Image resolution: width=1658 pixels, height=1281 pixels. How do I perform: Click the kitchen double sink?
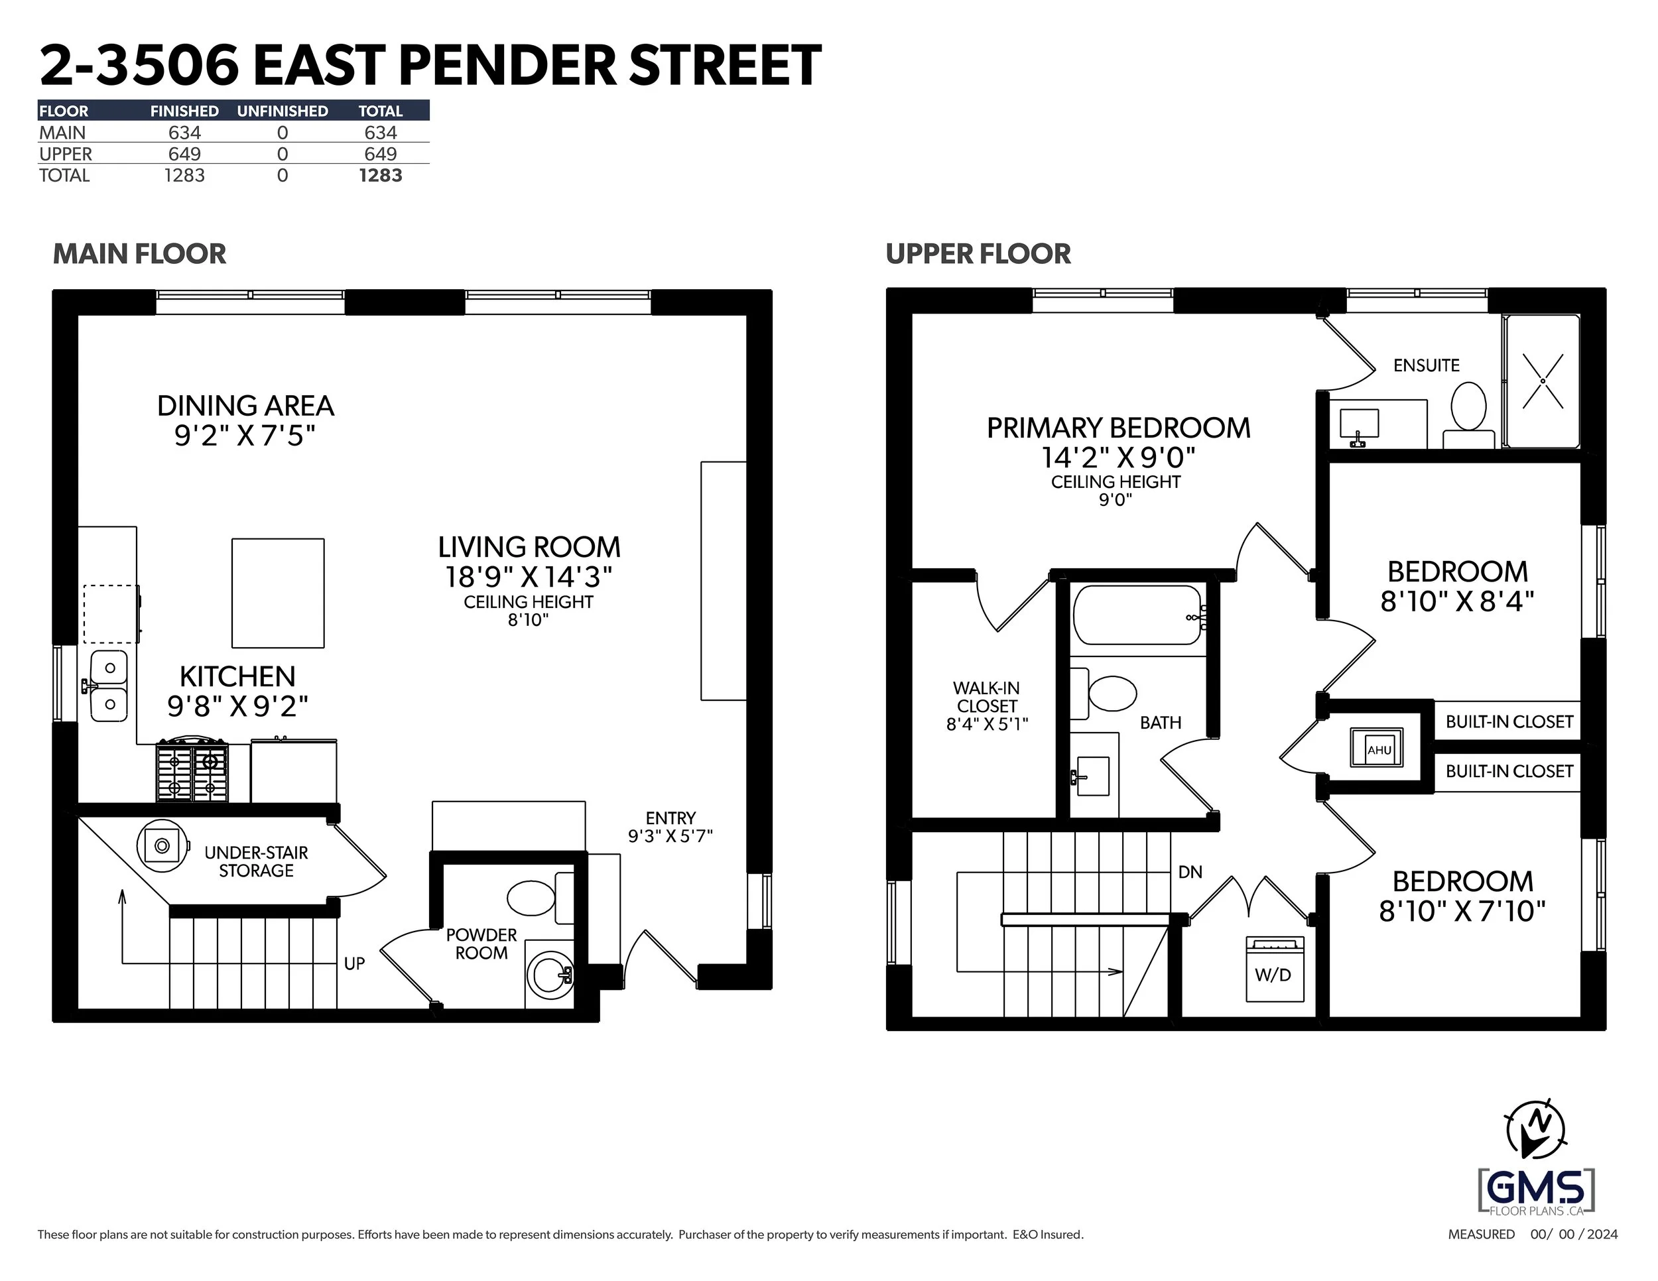109,686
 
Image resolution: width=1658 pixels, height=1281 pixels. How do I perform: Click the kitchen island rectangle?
278,593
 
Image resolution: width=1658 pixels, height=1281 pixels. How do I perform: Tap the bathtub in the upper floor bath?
1137,615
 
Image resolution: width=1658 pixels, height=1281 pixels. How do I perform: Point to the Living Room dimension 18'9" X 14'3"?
529,577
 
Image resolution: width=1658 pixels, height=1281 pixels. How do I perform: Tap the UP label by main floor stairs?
353,963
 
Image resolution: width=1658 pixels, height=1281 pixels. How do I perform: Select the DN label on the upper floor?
1190,872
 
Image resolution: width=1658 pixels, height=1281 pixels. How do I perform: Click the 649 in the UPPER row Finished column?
184,154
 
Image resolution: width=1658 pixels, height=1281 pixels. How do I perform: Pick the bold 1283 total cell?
380,175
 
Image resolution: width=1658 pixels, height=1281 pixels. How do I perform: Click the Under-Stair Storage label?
256,861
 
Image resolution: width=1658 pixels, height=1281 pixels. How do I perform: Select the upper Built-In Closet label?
1508,721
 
